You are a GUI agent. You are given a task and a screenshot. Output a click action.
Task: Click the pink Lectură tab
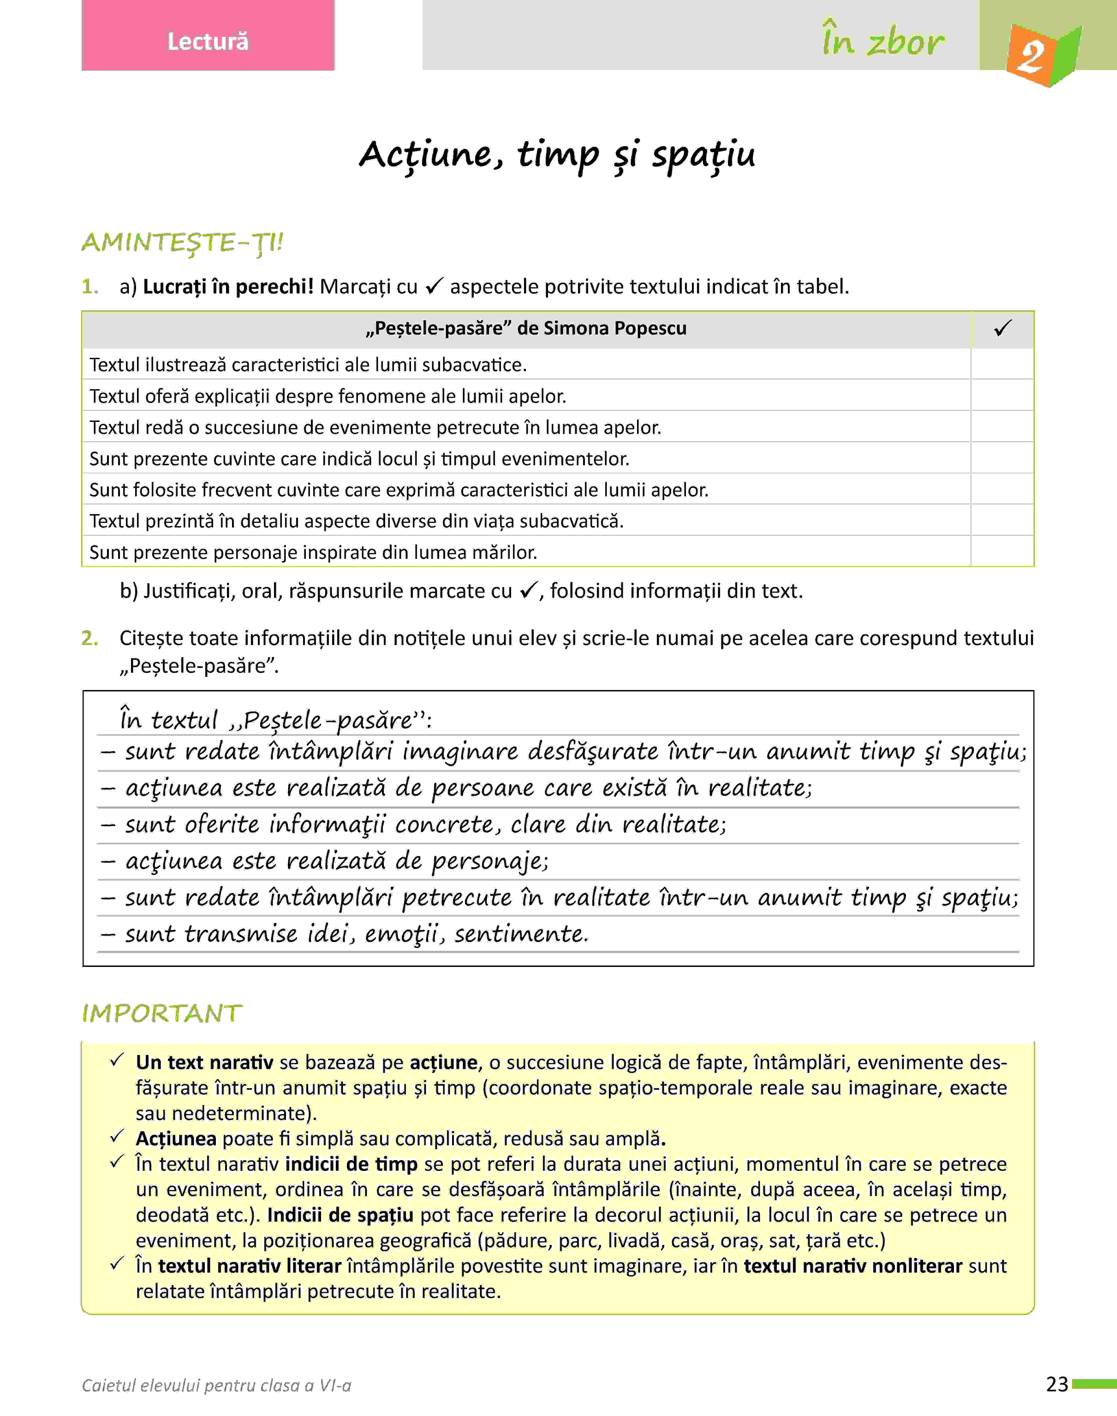(208, 41)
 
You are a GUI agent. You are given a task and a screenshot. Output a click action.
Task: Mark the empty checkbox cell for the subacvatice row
(1003, 364)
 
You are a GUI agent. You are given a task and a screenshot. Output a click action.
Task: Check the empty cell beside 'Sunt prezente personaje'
(1003, 552)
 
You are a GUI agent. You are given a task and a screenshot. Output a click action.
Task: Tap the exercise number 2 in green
(89, 638)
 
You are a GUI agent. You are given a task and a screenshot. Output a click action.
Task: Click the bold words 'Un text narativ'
(204, 1062)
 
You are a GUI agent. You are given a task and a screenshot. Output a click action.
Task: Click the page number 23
(1057, 1384)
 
